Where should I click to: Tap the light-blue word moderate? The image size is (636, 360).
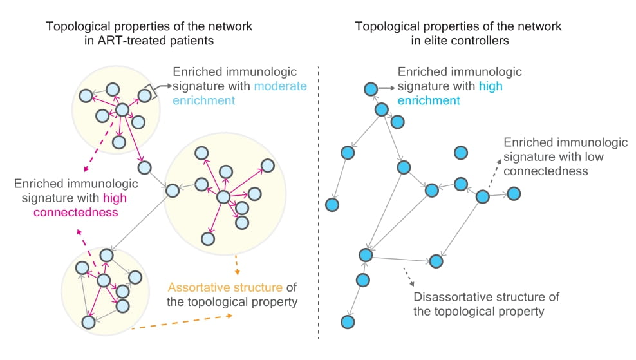[280, 86]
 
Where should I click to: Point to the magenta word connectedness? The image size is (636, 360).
[76, 213]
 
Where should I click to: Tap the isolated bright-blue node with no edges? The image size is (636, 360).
[461, 153]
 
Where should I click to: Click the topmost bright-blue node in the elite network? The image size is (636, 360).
[371, 89]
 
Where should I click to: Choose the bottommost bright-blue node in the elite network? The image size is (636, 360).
[348, 322]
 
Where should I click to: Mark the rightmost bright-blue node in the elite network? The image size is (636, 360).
[514, 194]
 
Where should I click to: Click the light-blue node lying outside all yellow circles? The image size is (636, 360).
[144, 167]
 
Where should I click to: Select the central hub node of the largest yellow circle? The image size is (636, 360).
[223, 197]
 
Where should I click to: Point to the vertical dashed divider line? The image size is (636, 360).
[319, 202]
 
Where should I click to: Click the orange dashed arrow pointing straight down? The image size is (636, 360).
[237, 265]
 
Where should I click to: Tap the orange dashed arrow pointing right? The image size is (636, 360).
[182, 322]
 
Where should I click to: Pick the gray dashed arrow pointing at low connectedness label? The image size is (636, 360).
[495, 173]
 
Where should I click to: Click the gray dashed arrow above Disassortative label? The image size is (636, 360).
[409, 277]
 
